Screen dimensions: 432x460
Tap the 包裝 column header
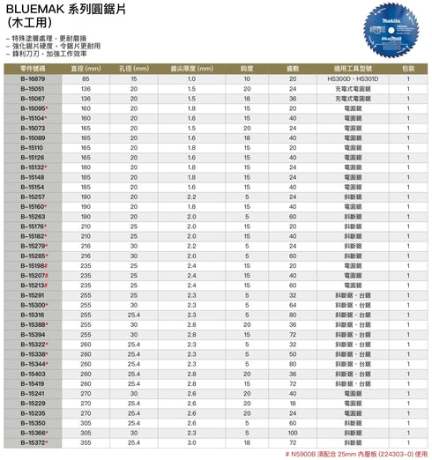pyautogui.click(x=408, y=68)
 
